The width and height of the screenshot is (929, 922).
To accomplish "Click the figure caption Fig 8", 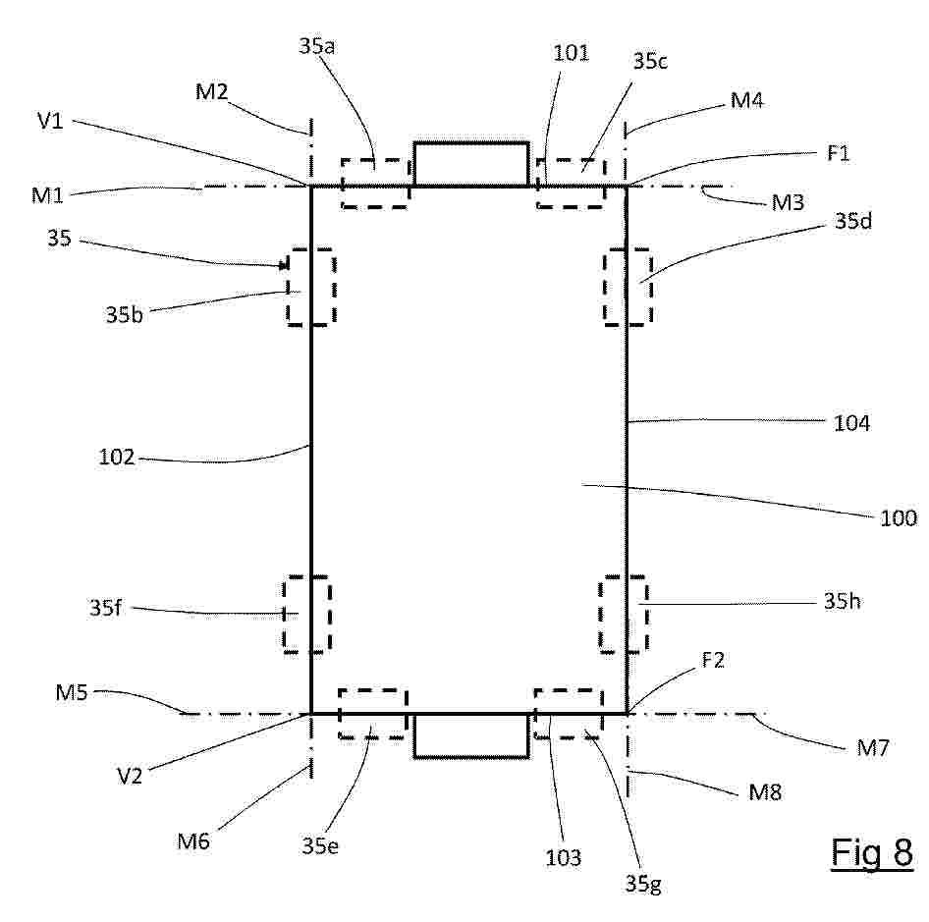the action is click(x=871, y=852).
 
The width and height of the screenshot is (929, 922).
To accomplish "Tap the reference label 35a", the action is click(x=316, y=45).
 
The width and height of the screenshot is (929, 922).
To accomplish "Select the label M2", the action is click(x=211, y=92).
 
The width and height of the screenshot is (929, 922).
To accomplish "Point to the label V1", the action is click(x=50, y=121).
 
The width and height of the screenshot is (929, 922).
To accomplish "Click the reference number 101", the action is click(x=572, y=53).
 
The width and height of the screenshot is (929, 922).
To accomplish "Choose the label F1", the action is click(x=839, y=153).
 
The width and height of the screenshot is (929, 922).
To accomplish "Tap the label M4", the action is click(x=746, y=100).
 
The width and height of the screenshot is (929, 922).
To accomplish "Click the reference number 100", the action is click(x=899, y=517).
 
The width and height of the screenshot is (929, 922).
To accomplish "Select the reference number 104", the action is click(x=852, y=423).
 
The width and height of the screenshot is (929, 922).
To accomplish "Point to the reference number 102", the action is click(x=117, y=457).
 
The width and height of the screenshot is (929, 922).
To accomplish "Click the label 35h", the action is click(x=842, y=602).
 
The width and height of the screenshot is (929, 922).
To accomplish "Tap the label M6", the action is click(x=193, y=841).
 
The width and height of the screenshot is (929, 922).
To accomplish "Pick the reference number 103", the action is click(x=563, y=857).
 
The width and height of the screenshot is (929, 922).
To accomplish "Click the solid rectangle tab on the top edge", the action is click(x=471, y=142).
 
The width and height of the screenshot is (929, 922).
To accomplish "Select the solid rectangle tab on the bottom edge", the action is click(x=471, y=757).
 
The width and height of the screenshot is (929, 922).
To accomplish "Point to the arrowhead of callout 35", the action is click(x=287, y=267).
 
